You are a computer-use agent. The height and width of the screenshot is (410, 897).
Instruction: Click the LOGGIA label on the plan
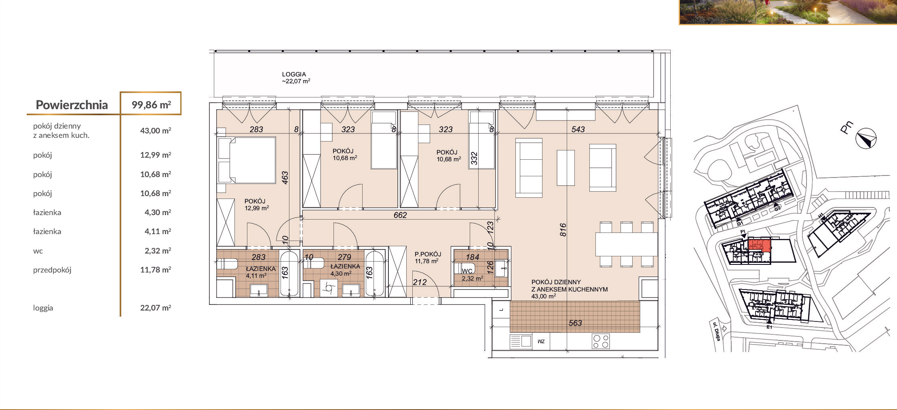point(294,74)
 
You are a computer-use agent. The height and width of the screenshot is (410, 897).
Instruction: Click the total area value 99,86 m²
point(151,105)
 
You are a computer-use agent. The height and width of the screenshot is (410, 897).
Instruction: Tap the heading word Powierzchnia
point(72,105)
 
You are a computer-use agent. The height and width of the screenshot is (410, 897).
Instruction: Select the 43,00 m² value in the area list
point(156,131)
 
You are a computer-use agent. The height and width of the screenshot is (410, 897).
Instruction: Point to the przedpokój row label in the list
point(52,270)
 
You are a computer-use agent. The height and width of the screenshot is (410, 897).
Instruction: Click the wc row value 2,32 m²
point(158,251)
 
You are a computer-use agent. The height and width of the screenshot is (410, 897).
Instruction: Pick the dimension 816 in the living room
point(563,230)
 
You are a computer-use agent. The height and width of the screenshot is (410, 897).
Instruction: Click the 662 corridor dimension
point(400,215)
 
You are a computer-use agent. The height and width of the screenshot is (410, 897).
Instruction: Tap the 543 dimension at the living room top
point(578,129)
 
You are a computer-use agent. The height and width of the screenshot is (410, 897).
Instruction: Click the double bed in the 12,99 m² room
point(247,160)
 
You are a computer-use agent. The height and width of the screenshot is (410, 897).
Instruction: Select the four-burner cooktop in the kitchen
point(601,341)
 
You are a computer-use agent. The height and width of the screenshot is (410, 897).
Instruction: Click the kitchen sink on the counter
point(521,341)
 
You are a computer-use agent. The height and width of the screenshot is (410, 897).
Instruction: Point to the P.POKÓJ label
point(428,254)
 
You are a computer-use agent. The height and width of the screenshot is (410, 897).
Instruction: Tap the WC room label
point(467,271)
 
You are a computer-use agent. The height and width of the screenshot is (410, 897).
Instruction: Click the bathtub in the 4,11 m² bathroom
point(289,274)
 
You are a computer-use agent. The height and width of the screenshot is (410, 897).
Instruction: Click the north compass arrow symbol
point(866,139)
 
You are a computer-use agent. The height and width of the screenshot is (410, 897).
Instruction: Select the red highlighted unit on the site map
point(760,245)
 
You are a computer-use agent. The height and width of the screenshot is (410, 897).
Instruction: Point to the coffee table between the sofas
point(566,168)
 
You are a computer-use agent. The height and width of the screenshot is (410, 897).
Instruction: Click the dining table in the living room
point(626,244)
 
